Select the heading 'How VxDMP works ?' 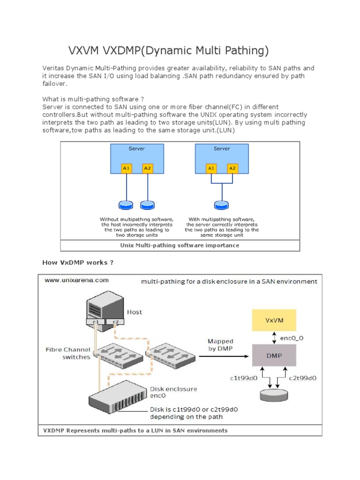[x=78, y=262]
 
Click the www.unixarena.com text [x=76, y=280]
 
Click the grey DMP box [x=274, y=355]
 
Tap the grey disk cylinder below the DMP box [x=274, y=395]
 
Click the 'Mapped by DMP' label [x=220, y=345]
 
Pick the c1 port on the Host [x=95, y=322]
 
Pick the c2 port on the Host [x=115, y=322]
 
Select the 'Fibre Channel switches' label [x=68, y=353]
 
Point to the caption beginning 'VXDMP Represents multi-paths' [x=135, y=430]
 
